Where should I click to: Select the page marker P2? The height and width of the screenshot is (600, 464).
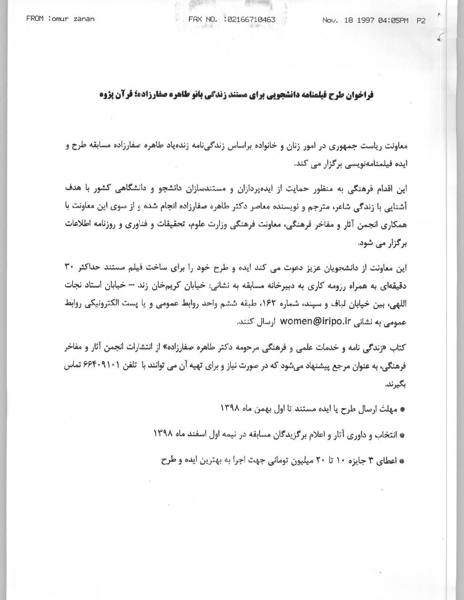click(421, 20)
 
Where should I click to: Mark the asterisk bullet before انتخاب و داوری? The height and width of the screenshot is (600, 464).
click(402, 435)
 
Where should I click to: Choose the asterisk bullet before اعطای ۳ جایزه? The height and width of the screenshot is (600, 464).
click(402, 461)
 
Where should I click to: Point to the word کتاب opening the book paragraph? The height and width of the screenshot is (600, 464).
click(398, 348)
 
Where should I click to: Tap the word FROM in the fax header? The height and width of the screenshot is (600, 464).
click(35, 19)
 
